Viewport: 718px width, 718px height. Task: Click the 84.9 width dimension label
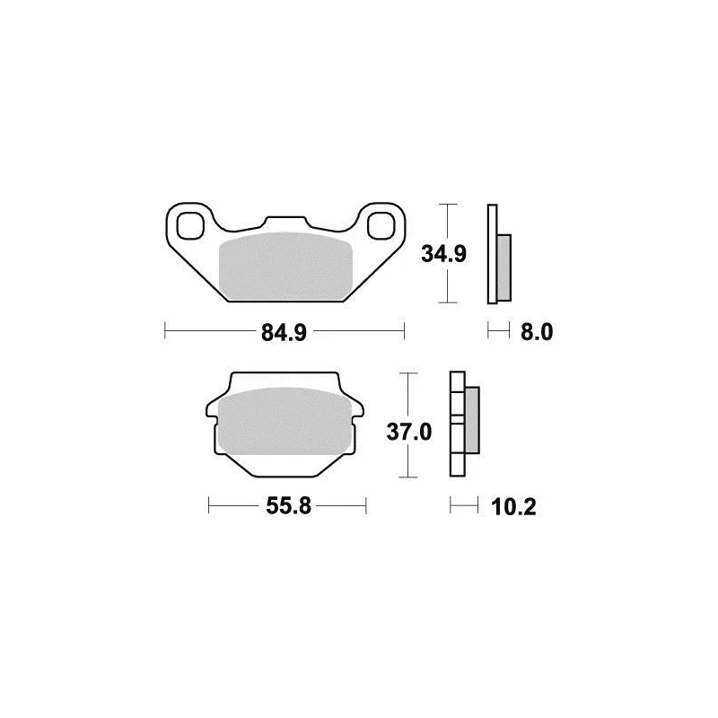[x=284, y=333]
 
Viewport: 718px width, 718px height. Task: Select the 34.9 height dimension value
[x=443, y=254]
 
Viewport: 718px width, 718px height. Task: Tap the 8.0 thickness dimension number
[x=537, y=332]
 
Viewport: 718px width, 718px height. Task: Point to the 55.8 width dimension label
[x=288, y=506]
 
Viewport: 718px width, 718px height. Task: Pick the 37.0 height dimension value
[x=409, y=432]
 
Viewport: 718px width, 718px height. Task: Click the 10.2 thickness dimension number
[x=513, y=507]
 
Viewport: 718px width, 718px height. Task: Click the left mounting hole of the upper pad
[x=190, y=226]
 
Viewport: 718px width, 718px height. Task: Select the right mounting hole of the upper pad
[x=381, y=225]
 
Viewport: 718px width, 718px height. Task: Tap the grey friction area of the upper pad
[x=285, y=267]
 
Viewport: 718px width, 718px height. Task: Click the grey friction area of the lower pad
[x=285, y=421]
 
